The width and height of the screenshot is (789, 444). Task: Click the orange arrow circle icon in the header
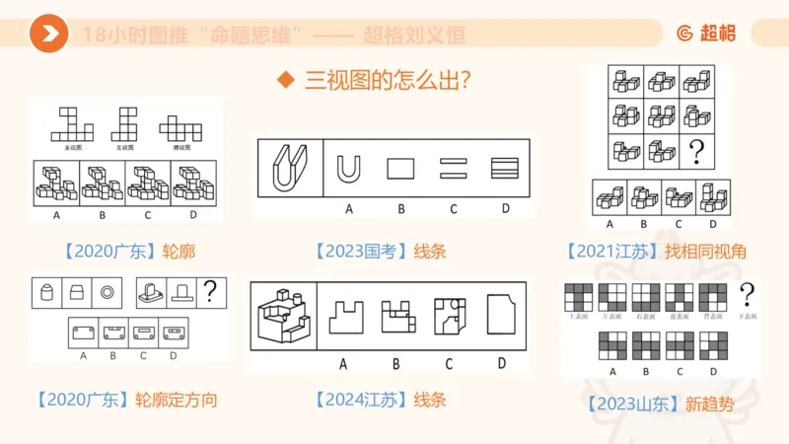click(x=48, y=35)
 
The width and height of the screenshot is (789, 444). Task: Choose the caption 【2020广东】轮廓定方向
click(x=125, y=400)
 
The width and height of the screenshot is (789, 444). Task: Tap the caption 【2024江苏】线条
click(x=381, y=400)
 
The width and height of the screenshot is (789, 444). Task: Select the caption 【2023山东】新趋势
click(x=659, y=404)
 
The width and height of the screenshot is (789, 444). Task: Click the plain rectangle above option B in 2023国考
click(x=400, y=168)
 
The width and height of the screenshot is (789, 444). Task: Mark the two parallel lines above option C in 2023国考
click(x=453, y=168)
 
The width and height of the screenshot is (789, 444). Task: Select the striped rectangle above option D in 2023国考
click(x=505, y=168)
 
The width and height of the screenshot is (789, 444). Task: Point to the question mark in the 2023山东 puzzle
click(x=747, y=293)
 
